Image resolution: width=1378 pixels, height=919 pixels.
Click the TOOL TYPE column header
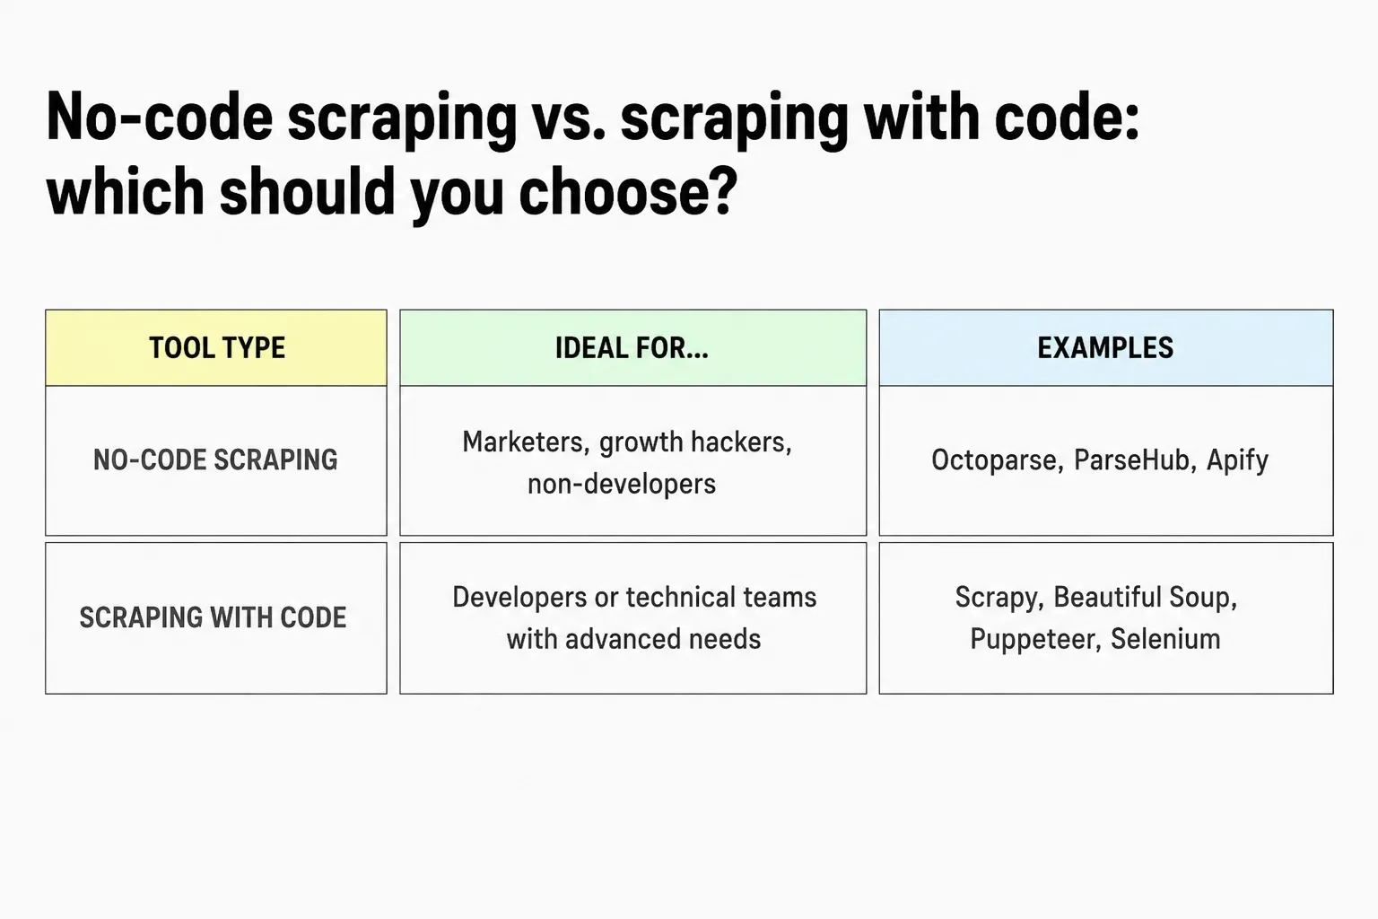(216, 348)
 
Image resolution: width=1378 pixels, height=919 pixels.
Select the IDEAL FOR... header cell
(632, 348)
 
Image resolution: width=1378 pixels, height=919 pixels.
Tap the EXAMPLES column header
(1105, 348)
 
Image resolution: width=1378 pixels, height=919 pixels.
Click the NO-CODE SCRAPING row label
(215, 459)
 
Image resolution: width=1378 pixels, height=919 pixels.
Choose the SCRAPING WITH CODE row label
(213, 617)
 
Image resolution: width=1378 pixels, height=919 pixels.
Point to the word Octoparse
(998, 460)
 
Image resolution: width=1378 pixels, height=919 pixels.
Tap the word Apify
(1237, 460)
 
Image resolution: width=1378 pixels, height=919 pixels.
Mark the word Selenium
(1165, 639)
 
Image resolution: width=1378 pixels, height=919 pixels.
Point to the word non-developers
(622, 484)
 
